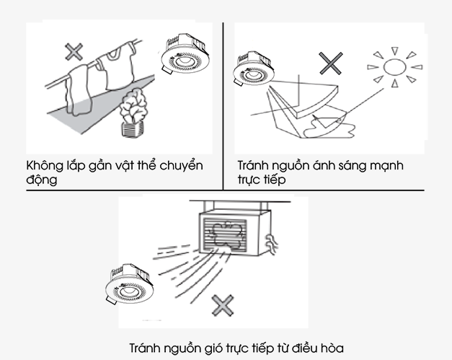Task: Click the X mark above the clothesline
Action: point(73,51)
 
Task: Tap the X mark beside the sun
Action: point(331,63)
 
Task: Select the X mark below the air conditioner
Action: point(223,305)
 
